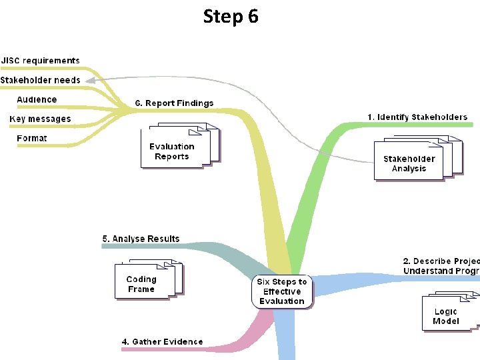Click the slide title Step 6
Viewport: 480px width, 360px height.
231,16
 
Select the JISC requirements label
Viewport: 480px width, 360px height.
40,61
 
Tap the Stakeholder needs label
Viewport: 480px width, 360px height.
40,80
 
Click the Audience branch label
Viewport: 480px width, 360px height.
37,99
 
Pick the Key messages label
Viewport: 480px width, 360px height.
40,119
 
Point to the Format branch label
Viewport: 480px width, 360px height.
32,138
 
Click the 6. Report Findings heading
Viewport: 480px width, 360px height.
174,103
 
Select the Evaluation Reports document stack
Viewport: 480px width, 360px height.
177,149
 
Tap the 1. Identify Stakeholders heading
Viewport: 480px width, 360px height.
417,117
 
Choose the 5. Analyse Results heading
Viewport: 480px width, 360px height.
141,239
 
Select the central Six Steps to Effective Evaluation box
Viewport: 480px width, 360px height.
282,291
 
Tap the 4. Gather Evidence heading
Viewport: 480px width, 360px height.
162,342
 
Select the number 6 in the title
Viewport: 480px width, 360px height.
252,16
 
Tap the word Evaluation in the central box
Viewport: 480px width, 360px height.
282,301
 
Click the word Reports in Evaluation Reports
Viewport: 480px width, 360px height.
172,157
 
